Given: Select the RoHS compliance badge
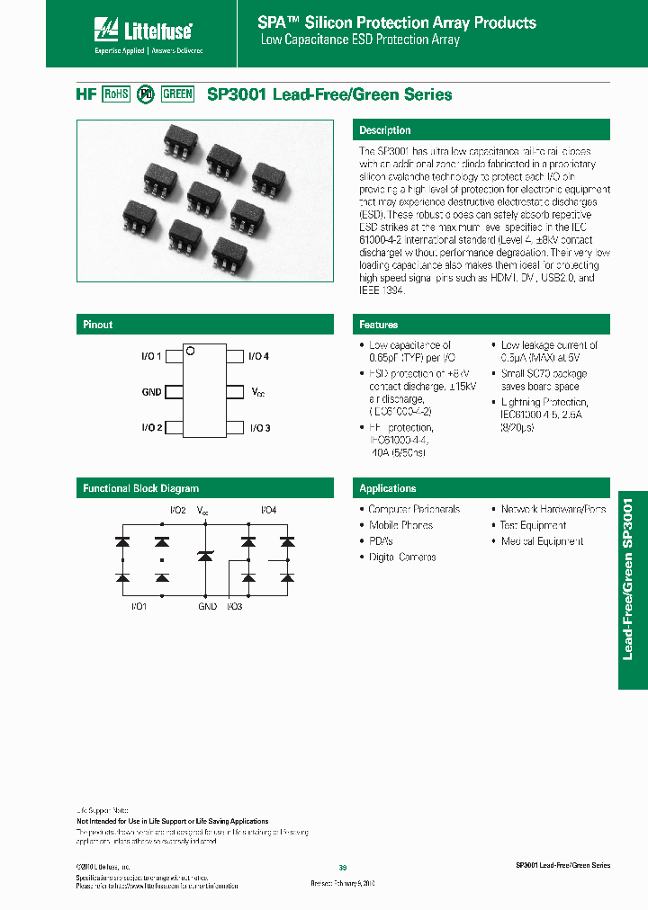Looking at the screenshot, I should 116,94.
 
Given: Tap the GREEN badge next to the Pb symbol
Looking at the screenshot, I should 177,94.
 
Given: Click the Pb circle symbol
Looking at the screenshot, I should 145,94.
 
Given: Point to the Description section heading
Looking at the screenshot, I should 384,130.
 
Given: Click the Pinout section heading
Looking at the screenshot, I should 98,325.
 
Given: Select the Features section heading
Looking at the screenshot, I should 378,325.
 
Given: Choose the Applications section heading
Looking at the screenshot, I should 387,488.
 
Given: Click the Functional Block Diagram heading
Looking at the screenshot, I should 140,488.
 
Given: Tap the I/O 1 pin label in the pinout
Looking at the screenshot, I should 151,357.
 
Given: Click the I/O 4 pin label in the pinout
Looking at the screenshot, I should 260,357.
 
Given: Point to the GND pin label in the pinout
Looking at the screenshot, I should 151,392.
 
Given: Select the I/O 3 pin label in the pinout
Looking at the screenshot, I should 260,427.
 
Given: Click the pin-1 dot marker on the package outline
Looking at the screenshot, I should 191,352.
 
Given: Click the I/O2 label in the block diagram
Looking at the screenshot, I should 178,511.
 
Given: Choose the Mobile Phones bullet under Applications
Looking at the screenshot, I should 400,525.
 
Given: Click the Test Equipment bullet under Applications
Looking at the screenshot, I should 533,525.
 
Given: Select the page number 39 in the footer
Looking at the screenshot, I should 342,867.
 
